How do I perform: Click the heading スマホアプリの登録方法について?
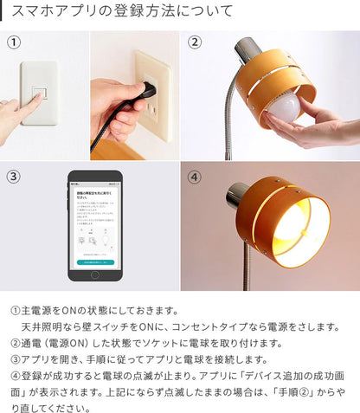[122, 12]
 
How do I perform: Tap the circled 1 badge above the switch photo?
[15, 42]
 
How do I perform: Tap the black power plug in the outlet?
[148, 91]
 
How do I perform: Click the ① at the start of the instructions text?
[16, 309]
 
